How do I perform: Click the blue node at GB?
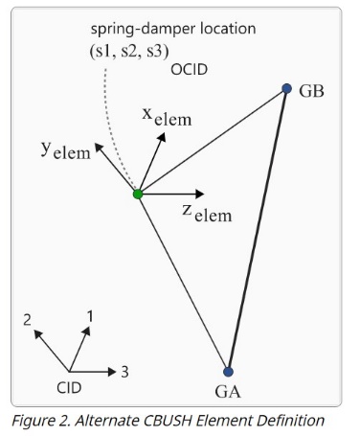[x=286, y=89]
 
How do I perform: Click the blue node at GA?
[x=228, y=372]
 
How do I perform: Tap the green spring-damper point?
[x=138, y=195]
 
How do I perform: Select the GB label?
[x=312, y=92]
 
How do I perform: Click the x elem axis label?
[x=167, y=116]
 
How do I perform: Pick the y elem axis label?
[x=65, y=151]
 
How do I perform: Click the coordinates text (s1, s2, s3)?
[x=129, y=49]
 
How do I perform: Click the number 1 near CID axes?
[x=90, y=315]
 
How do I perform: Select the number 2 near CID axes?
[x=29, y=319]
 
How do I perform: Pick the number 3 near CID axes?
[x=125, y=371]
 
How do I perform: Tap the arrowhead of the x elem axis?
[x=163, y=136]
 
